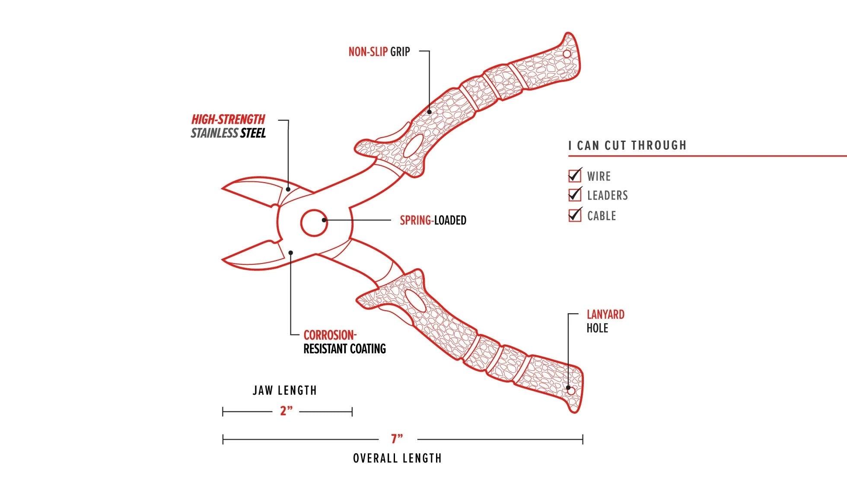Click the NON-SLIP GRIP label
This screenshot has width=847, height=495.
coord(379,52)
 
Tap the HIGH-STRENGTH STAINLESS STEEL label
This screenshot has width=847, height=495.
coord(228,126)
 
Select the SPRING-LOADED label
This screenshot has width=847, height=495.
coord(433,220)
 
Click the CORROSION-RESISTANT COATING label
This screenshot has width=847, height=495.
coord(344,342)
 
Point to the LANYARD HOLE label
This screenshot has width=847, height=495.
coord(605,321)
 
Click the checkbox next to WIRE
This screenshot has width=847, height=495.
coord(574,176)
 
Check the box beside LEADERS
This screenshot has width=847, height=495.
coord(574,195)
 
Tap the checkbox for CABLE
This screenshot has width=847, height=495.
coord(574,215)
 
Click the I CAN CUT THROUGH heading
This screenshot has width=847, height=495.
coord(627,145)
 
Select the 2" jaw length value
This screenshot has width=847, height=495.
coord(286,411)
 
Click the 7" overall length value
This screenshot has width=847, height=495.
coord(397,439)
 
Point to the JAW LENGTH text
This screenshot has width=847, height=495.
coord(285,391)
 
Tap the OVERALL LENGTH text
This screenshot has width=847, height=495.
coord(397,458)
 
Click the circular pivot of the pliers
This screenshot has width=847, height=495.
coord(313,223)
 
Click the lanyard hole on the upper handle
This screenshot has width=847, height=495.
coord(567,54)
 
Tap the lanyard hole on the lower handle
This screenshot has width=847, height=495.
coord(570,391)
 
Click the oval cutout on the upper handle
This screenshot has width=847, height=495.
coord(414,146)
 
